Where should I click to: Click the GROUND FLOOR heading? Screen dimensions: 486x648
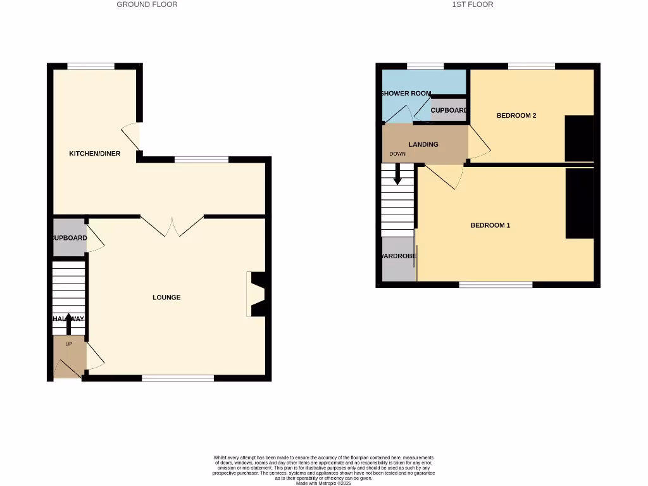tap(147, 4)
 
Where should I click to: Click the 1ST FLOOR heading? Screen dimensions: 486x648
tap(473, 4)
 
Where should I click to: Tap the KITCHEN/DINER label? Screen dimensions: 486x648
tap(95, 154)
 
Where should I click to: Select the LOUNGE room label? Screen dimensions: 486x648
tap(166, 297)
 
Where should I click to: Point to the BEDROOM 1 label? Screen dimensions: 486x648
tap(490, 225)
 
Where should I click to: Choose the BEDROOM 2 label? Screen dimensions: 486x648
tap(516, 116)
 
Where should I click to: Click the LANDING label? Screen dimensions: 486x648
tap(423, 144)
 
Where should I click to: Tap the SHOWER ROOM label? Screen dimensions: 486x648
tap(406, 94)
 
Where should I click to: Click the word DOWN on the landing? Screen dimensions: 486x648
tap(397, 154)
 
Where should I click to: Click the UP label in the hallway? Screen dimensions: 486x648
tap(69, 344)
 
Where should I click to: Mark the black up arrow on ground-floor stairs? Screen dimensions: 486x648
tap(69, 323)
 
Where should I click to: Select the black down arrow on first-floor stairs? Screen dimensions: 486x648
tap(397, 174)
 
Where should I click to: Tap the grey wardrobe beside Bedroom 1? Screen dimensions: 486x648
tap(398, 258)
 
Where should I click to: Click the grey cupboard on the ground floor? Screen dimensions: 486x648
tap(69, 238)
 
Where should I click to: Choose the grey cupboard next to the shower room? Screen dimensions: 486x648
tap(449, 109)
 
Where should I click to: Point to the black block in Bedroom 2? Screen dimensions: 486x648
tap(579, 139)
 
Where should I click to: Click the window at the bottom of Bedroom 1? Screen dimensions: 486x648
tap(495, 285)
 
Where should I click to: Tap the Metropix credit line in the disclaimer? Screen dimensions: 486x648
tap(323, 483)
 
